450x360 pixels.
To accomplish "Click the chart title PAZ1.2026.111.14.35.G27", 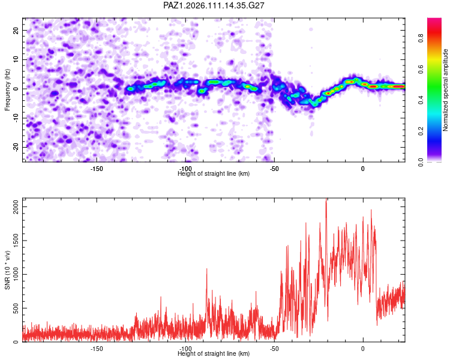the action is [214, 5].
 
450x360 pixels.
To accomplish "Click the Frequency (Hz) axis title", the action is [7, 90].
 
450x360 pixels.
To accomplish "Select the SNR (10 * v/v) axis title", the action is [7, 270].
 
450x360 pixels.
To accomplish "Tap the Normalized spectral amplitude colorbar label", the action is [445, 90].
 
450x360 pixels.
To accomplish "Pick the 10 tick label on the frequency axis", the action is [16, 59].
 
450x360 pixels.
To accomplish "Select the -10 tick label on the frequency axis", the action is [16, 118].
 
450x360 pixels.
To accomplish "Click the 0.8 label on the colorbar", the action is [421, 38].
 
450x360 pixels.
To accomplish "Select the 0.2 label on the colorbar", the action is [421, 131].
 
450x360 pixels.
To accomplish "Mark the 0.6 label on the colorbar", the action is [421, 69].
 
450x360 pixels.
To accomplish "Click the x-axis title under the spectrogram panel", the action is [214, 173].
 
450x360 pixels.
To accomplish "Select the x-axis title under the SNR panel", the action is [214, 353].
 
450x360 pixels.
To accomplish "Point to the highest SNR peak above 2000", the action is [326, 199].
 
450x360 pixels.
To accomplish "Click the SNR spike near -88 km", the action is [206, 269].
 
